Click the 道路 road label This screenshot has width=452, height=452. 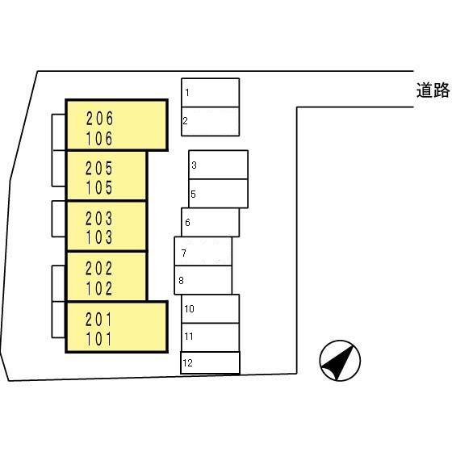(433, 90)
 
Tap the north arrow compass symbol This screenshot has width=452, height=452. (340, 361)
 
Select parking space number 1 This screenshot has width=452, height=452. (210, 93)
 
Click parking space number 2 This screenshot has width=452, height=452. (210, 121)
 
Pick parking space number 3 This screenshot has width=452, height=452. (218, 165)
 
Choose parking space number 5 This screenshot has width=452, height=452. (218, 194)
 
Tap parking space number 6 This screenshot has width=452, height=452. (210, 222)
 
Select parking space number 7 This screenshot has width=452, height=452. (203, 251)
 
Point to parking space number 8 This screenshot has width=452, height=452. (203, 280)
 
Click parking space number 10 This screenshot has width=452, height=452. (211, 308)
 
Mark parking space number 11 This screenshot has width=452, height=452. (211, 337)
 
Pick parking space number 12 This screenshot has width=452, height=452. (210, 362)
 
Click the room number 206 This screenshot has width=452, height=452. (99, 119)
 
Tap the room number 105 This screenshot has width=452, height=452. (99, 187)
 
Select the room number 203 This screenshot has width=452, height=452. (98, 219)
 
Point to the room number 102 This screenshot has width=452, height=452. (98, 289)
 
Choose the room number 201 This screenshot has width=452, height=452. (98, 320)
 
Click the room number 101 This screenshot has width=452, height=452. (98, 339)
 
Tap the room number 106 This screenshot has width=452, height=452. (99, 139)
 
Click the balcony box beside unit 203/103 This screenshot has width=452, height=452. (59, 219)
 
